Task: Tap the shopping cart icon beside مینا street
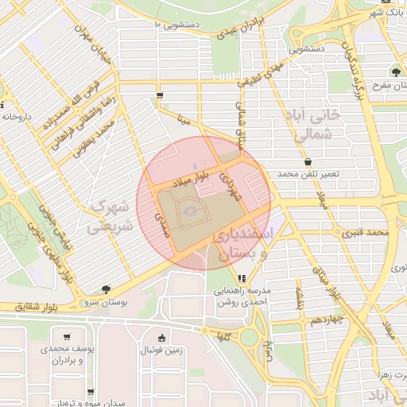point(160,96)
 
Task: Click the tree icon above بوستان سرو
point(106,289)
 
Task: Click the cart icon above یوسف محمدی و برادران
point(66,337)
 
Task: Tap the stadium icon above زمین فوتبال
point(162,338)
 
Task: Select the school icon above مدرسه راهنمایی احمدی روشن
point(242,278)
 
